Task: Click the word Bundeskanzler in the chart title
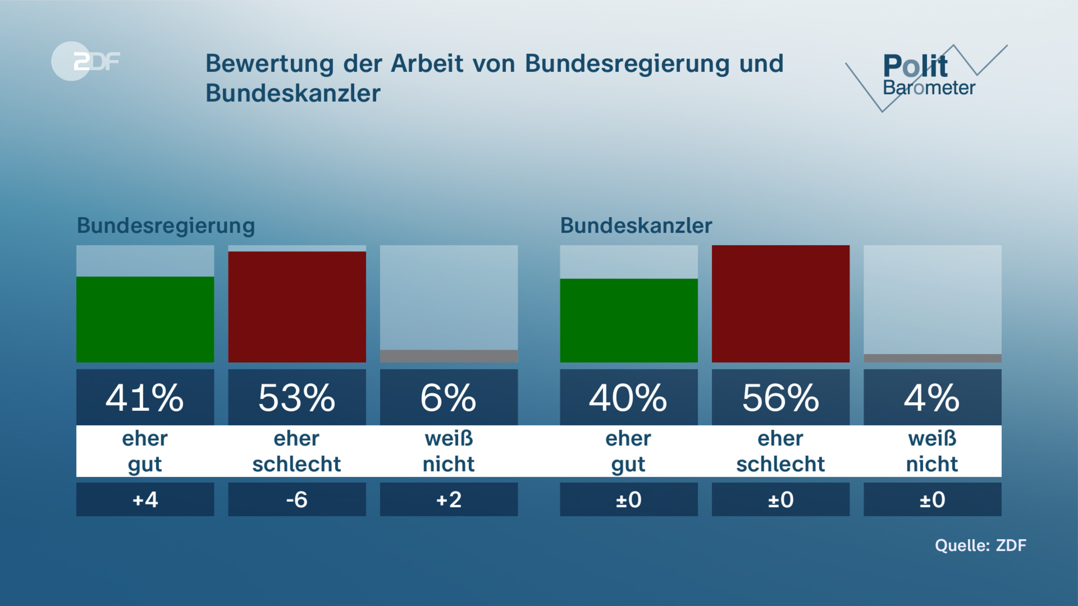(293, 93)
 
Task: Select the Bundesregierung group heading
(166, 225)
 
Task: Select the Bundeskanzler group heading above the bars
(636, 225)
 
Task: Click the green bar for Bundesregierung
(145, 319)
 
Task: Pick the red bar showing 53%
(297, 307)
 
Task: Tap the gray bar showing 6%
(449, 356)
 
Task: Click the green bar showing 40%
(628, 320)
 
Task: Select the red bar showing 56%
(780, 303)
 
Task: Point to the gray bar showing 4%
(932, 358)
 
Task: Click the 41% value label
(145, 398)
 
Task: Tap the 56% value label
(780, 398)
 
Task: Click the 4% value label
(932, 398)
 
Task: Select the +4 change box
(145, 500)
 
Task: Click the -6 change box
(297, 500)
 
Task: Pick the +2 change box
(449, 500)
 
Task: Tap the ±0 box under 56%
(780, 500)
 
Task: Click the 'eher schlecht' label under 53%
(297, 451)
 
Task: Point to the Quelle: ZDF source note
(980, 545)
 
